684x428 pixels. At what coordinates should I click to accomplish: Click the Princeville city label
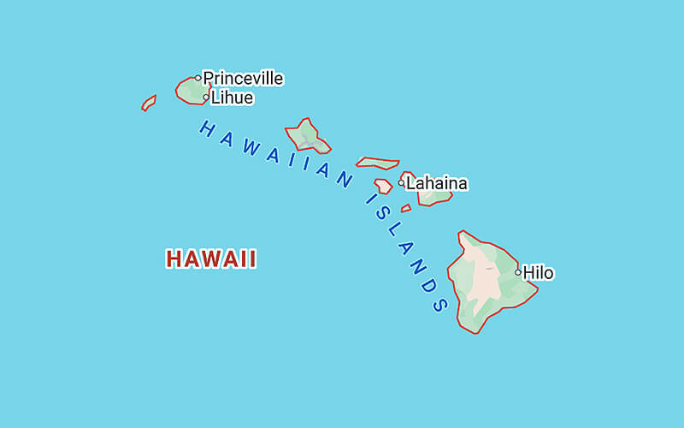[243, 79]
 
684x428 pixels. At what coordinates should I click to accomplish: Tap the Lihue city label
[232, 98]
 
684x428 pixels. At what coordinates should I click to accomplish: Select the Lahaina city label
[437, 183]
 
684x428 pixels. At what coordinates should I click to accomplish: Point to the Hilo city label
[539, 273]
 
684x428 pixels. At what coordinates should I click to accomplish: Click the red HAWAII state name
[211, 259]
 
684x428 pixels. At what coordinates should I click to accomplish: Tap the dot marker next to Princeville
[198, 78]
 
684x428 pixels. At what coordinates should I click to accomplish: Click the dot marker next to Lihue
[206, 97]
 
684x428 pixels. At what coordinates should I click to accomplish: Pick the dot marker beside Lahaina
[401, 182]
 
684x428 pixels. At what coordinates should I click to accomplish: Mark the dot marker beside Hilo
[518, 272]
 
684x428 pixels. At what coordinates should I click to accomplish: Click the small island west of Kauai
[149, 103]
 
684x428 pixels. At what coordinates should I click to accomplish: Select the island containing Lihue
[191, 90]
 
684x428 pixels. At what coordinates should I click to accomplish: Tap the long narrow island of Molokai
[377, 162]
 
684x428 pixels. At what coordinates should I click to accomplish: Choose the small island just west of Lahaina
[383, 186]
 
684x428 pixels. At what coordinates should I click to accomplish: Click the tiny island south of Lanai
[406, 208]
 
